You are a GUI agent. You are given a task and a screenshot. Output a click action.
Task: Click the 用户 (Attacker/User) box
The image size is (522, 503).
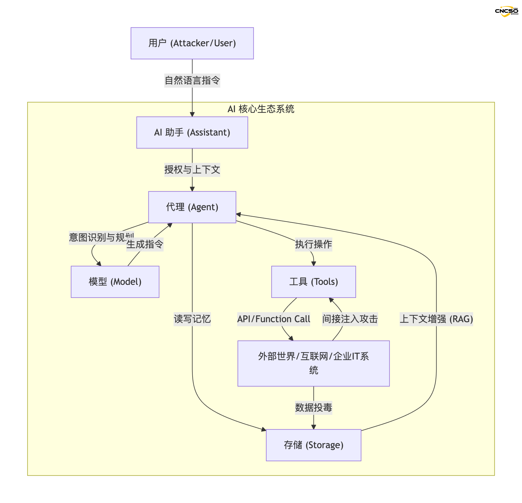(x=192, y=43)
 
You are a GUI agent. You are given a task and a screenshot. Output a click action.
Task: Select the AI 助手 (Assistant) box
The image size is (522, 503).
(x=192, y=132)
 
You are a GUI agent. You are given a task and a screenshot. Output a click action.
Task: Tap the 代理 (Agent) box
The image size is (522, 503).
(x=192, y=207)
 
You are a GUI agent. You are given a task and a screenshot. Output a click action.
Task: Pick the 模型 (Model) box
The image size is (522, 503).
(x=115, y=282)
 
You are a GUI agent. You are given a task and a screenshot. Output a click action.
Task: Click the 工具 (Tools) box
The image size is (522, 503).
(x=313, y=282)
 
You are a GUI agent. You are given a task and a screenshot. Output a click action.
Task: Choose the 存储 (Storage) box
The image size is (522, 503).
(x=313, y=445)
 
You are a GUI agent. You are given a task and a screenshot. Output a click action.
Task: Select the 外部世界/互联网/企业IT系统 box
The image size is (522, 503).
(x=313, y=363)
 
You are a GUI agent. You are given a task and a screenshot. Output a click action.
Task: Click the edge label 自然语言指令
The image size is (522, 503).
(x=192, y=80)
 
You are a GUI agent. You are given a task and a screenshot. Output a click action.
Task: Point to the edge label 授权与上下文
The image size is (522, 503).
(x=192, y=170)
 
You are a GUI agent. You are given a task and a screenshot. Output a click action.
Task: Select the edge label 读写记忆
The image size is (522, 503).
(x=192, y=319)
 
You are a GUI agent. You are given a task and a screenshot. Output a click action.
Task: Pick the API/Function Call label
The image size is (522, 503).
(x=273, y=319)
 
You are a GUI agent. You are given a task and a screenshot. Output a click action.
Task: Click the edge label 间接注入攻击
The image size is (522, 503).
(x=350, y=319)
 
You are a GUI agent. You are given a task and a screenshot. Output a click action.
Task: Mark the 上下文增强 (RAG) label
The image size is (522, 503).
(x=436, y=319)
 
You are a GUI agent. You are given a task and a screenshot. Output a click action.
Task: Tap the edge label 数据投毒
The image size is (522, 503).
(x=313, y=407)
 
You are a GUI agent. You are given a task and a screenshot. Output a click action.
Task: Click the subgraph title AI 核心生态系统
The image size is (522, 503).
(x=261, y=109)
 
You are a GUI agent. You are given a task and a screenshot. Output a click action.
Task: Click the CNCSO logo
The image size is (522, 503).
(x=506, y=11)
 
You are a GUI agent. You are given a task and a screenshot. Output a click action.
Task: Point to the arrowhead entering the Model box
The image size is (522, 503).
(x=99, y=264)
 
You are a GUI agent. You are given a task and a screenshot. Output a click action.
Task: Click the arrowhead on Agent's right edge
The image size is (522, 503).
(x=238, y=214)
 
